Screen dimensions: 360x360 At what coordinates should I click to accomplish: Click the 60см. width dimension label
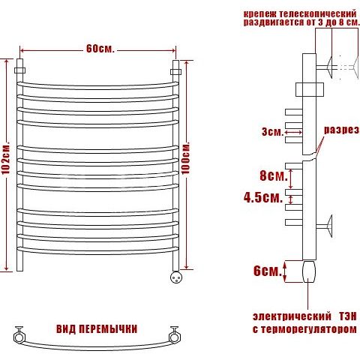(x=100, y=49)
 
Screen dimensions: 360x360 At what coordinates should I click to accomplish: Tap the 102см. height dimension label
(x=5, y=159)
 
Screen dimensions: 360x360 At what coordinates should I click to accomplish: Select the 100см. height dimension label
(x=185, y=158)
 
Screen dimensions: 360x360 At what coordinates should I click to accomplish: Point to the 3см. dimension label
(x=273, y=132)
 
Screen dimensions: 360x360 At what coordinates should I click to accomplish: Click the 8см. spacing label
(x=274, y=175)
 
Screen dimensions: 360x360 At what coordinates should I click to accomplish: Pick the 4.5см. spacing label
(x=263, y=198)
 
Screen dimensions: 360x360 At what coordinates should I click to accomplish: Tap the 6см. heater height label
(x=268, y=271)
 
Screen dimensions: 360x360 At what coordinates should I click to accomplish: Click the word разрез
(x=341, y=130)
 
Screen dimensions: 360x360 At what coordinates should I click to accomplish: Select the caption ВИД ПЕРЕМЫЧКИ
(x=97, y=329)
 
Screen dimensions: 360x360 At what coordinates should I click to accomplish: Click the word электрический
(x=292, y=316)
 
